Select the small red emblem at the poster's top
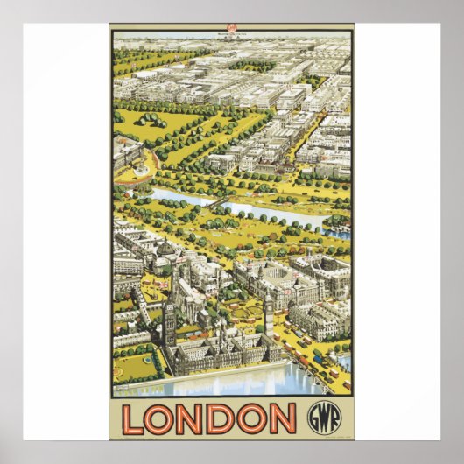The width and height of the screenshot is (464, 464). point(233,29)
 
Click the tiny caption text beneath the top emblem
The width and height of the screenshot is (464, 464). point(233,36)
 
